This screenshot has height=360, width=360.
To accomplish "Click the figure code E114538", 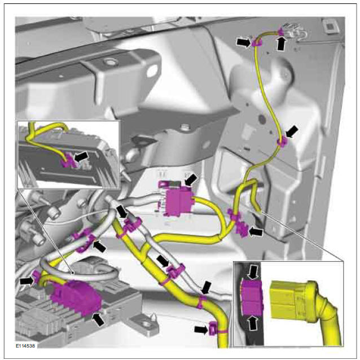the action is pyautogui.click(x=25, y=345).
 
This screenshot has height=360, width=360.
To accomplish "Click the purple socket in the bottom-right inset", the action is pyautogui.click(x=252, y=297).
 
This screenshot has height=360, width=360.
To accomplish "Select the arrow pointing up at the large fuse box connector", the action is pyautogui.click(x=98, y=319).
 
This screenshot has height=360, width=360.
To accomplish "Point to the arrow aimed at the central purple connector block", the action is pyautogui.click(x=191, y=179).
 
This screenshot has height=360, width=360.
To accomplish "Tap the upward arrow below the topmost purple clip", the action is pyautogui.click(x=282, y=43).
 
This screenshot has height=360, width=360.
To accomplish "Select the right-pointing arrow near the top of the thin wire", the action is pyautogui.click(x=244, y=43).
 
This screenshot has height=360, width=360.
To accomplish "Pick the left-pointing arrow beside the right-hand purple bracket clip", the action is pyautogui.click(x=256, y=232).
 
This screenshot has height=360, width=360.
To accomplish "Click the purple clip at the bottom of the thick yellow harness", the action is pyautogui.click(x=213, y=328).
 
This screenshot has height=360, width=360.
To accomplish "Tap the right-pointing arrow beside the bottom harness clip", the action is pyautogui.click(x=201, y=330).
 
